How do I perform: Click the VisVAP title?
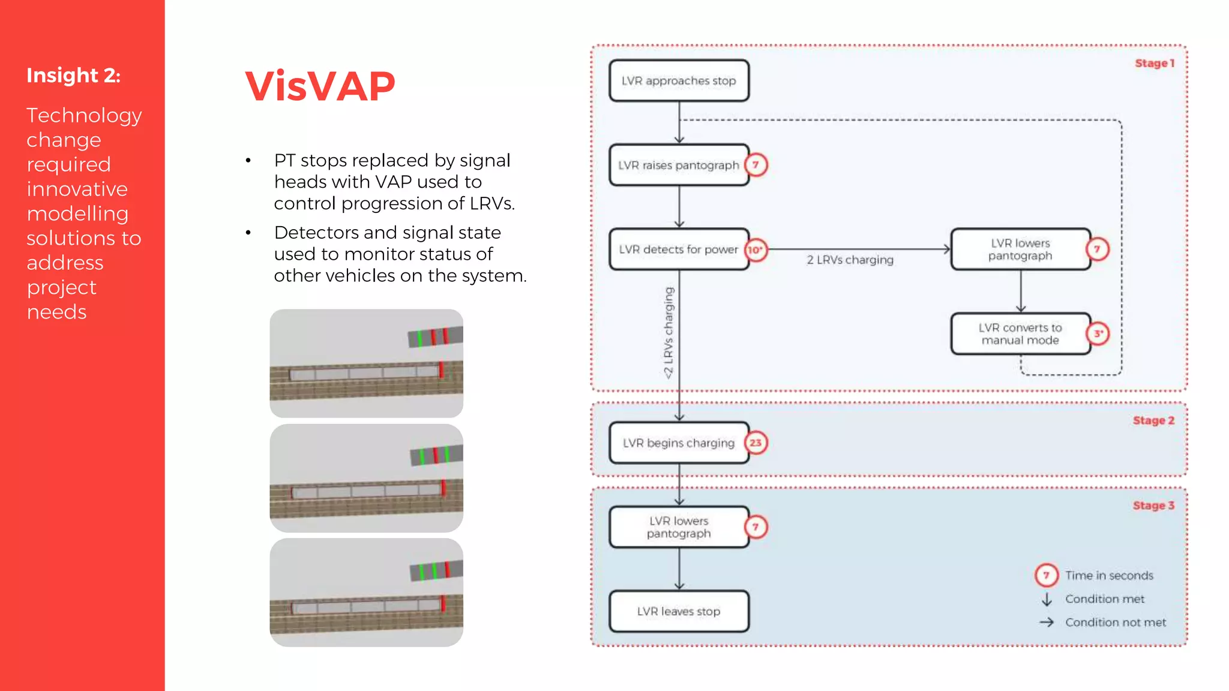click(x=320, y=86)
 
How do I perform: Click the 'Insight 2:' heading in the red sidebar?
click(x=73, y=76)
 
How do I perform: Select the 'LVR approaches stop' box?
click(x=679, y=81)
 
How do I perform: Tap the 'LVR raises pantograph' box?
click(x=679, y=165)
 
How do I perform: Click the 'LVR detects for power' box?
click(x=679, y=250)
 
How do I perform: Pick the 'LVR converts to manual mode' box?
click(x=1020, y=334)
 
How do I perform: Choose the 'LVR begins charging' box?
click(x=679, y=443)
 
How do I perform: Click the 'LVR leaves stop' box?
click(x=679, y=612)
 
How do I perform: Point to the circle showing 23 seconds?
click(x=756, y=443)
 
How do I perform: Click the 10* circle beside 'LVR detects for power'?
click(x=756, y=250)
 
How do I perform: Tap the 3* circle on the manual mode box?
click(x=1098, y=334)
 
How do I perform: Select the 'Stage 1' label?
click(x=1154, y=64)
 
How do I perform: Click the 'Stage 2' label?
click(x=1153, y=421)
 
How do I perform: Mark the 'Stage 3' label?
click(x=1153, y=506)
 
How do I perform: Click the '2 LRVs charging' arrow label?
click(x=850, y=260)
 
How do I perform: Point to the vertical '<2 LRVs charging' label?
click(x=669, y=333)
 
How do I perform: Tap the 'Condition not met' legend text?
click(x=1116, y=623)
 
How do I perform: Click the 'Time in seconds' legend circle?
click(x=1046, y=575)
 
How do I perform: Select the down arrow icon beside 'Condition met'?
click(x=1047, y=599)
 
